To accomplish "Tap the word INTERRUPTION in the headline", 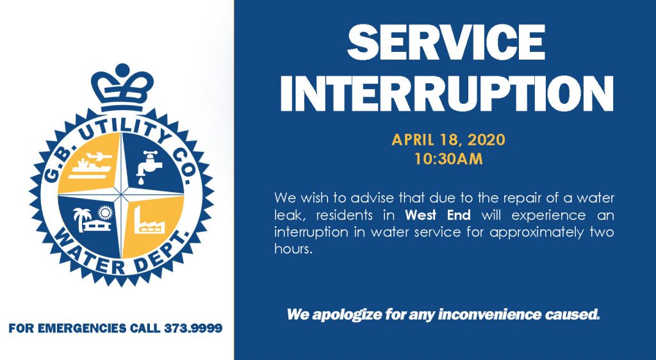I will coord(446,94).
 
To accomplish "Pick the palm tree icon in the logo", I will coord(81,217).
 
